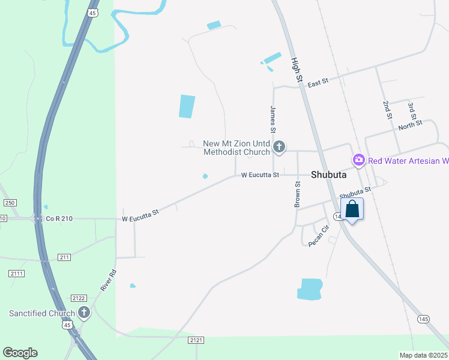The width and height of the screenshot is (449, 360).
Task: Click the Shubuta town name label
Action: click(x=330, y=175)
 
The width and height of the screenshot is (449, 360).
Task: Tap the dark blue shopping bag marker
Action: click(x=352, y=209)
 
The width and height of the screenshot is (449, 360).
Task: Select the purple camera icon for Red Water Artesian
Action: click(x=358, y=160)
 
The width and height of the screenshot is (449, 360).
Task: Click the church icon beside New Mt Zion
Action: click(x=279, y=146)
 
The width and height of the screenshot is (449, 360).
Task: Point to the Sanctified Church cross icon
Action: click(x=84, y=313)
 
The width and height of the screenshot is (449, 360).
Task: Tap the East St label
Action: click(x=318, y=83)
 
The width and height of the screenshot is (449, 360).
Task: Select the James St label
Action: click(x=273, y=119)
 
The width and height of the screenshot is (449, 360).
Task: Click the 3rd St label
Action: click(x=411, y=112)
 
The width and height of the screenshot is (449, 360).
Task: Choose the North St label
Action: click(x=411, y=124)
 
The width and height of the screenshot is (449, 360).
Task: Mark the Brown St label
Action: click(x=297, y=194)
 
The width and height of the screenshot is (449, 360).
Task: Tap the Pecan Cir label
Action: click(x=319, y=235)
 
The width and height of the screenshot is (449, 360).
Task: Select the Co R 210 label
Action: click(x=59, y=219)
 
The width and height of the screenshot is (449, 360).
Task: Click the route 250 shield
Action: click(x=10, y=203)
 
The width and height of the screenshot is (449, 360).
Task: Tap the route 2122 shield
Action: click(x=79, y=298)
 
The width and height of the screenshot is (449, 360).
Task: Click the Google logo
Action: click(x=20, y=353)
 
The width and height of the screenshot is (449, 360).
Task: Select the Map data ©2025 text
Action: click(x=423, y=355)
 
